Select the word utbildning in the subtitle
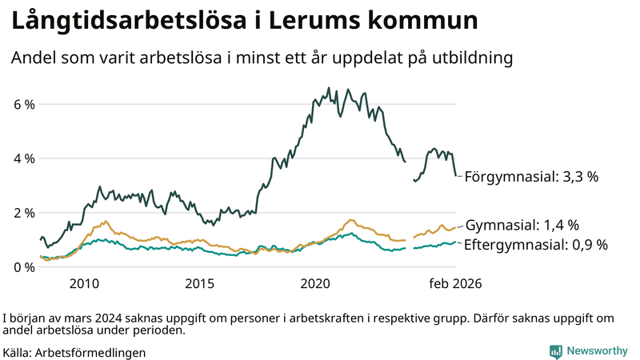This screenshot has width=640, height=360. (x=472, y=58)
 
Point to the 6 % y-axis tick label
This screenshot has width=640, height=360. (x=24, y=105)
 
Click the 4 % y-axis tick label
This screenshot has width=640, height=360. (x=24, y=158)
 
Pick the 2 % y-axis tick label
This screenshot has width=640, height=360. (x=24, y=213)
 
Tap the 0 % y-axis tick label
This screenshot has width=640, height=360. (x=24, y=267)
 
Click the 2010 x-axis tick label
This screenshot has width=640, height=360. (x=84, y=283)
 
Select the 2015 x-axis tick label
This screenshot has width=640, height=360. (x=200, y=283)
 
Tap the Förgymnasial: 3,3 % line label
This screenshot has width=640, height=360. (x=531, y=177)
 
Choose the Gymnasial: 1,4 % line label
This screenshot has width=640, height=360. (x=522, y=225)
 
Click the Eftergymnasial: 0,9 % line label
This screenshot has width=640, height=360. (x=535, y=244)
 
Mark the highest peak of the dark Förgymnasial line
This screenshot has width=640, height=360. (x=329, y=88)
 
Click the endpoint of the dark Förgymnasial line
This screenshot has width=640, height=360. (x=456, y=175)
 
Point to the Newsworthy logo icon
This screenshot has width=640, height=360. (x=555, y=351)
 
